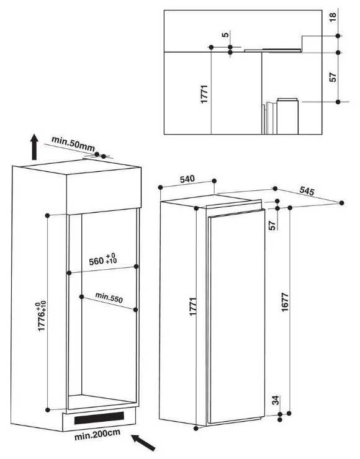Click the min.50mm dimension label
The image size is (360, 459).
pyautogui.click(x=73, y=143)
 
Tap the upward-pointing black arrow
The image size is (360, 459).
pyautogui.click(x=35, y=147)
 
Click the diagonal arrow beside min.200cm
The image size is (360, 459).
pyautogui.click(x=143, y=443)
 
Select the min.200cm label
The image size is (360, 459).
pyautogui.click(x=97, y=435)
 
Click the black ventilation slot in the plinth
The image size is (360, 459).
pyautogui.click(x=99, y=418)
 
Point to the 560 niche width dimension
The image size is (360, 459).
pyautogui.click(x=102, y=260)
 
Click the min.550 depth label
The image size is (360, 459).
pyautogui.click(x=109, y=297)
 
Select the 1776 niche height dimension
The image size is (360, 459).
pyautogui.click(x=42, y=317)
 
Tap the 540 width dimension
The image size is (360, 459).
pyautogui.click(x=187, y=179)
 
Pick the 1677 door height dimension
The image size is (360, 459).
pyautogui.click(x=285, y=302)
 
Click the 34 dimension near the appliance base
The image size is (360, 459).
pyautogui.click(x=276, y=400)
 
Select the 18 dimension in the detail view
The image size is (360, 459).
pyautogui.click(x=333, y=17)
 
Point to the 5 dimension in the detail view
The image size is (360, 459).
pyautogui.click(x=225, y=35)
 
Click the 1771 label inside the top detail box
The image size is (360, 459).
pyautogui.click(x=204, y=94)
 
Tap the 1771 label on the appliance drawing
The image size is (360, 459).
pyautogui.click(x=192, y=306)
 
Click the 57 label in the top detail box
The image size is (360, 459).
pyautogui.click(x=333, y=77)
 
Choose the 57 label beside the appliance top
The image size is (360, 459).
pyautogui.click(x=272, y=225)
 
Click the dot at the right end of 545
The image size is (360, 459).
pyautogui.click(x=341, y=203)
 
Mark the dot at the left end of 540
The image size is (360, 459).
pyautogui.click(x=160, y=187)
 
